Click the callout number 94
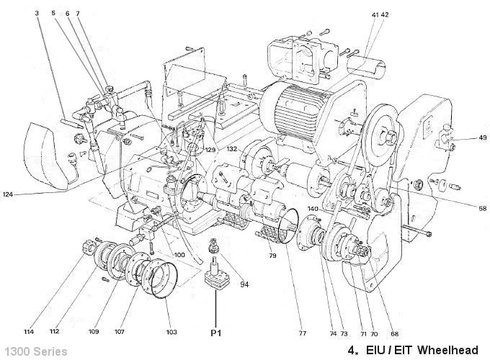(245, 284)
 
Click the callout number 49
(462, 138)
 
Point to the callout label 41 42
(380, 14)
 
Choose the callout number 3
(37, 14)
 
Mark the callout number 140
(312, 210)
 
